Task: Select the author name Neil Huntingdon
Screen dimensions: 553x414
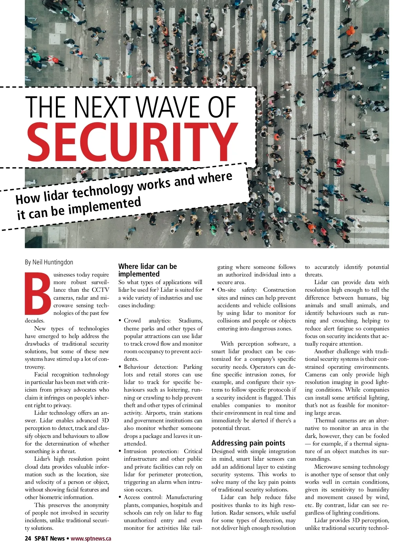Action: (x=53, y=262)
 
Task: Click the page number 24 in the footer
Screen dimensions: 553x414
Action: (x=28, y=538)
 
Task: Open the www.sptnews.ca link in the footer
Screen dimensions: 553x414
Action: (x=91, y=538)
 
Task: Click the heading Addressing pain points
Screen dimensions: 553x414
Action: (x=248, y=443)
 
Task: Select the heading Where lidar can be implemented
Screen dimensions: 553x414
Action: (x=147, y=270)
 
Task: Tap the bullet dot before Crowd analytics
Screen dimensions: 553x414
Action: (x=120, y=321)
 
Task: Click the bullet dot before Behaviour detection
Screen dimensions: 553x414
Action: (x=120, y=367)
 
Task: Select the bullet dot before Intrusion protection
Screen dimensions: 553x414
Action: (x=120, y=451)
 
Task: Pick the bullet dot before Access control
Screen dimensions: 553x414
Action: (x=120, y=497)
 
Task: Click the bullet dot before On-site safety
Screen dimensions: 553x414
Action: (x=214, y=290)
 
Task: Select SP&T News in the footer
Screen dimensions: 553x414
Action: (x=49, y=538)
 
